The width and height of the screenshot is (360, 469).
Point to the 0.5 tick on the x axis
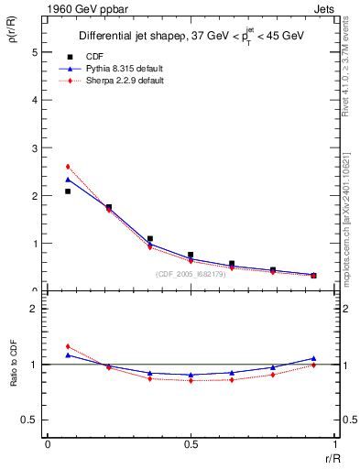pyautogui.click(x=191, y=444)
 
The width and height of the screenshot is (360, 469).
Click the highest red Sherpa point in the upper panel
pyautogui.click(x=68, y=167)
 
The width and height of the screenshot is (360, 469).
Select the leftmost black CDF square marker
pyautogui.click(x=68, y=191)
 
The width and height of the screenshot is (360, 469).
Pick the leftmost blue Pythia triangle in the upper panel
pyautogui.click(x=68, y=180)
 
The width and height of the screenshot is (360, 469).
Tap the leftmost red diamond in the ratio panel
pyautogui.click(x=68, y=346)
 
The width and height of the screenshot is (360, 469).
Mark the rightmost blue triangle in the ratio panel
pyautogui.click(x=313, y=358)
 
